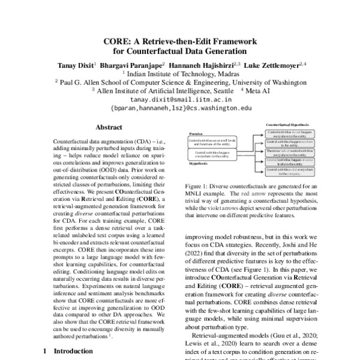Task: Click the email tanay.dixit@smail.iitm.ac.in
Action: coord(180,100)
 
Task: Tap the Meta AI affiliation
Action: coord(259,91)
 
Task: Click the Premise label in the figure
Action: coord(195,135)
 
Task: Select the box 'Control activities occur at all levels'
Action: coord(212,142)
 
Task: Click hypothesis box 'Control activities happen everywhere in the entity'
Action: coord(212,155)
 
